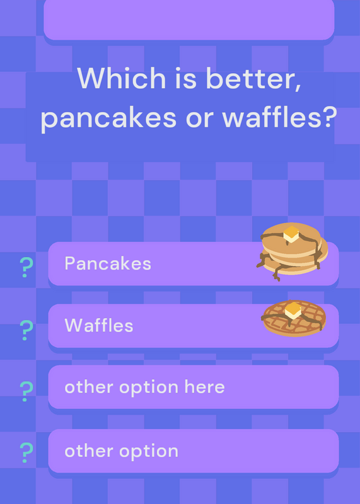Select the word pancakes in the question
[108, 118]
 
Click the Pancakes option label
[108, 263]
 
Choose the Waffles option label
[99, 325]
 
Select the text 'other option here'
[144, 387]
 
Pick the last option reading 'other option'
[121, 451]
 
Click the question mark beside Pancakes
[26, 267]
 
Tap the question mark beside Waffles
[26, 330]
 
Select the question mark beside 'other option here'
[26, 391]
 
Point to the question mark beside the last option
[26, 452]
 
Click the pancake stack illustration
[292, 251]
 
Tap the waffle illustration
[294, 318]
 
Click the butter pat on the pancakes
[291, 234]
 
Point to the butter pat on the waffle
[293, 310]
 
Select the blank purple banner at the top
[189, 20]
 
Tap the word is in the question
[185, 78]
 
